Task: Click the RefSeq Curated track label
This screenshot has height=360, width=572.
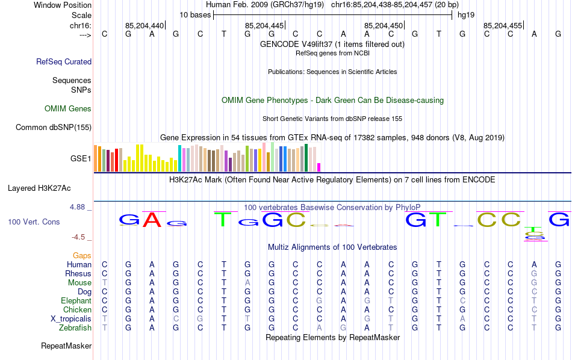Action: click(64, 61)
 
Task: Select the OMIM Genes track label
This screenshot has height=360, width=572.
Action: click(68, 109)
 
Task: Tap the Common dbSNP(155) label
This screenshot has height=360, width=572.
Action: click(54, 127)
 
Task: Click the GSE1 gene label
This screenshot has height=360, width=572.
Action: click(81, 159)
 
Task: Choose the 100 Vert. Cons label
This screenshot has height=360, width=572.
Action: click(34, 222)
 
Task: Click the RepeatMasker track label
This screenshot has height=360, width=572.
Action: click(66, 346)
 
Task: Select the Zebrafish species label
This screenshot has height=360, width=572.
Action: click(75, 328)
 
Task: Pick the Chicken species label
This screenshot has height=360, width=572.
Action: click(77, 310)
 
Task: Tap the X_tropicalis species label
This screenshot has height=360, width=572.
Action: click(71, 319)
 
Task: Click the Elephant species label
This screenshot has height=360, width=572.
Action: click(76, 301)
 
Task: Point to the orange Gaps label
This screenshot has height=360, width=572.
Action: click(82, 256)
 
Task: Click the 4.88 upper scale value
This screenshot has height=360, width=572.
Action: click(78, 207)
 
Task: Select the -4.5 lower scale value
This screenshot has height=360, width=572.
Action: click(79, 237)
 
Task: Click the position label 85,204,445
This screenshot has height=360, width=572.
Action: click(264, 26)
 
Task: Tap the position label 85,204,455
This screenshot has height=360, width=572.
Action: click(502, 26)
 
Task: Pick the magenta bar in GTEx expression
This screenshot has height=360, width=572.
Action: click(319, 167)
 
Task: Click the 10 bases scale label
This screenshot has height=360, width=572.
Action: click(195, 14)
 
